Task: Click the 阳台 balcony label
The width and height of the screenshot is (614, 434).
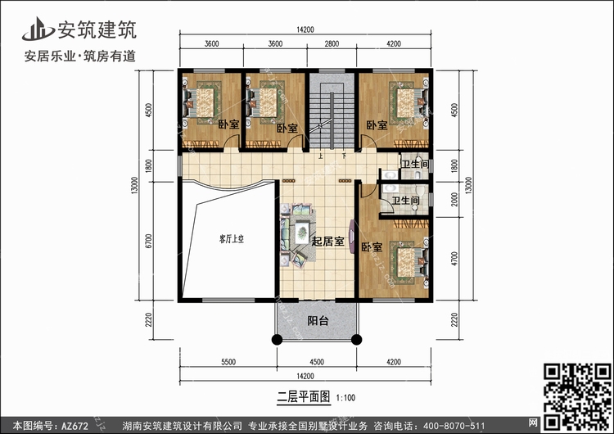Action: click(318, 321)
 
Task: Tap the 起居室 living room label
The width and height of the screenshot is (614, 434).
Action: click(327, 242)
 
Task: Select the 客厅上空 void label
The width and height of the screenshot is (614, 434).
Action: click(232, 239)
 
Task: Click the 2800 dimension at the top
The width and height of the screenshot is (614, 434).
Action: click(332, 43)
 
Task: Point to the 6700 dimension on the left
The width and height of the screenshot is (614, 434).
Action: click(148, 241)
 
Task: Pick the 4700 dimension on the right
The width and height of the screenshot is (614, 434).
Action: click(454, 259)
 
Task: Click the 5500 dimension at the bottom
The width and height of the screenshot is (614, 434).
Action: click(228, 362)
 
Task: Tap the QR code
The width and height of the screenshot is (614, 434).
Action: click(577, 396)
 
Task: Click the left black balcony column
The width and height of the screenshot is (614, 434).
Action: click(277, 340)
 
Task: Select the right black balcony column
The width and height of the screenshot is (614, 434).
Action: click(356, 340)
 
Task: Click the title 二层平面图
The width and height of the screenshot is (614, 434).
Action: click(304, 397)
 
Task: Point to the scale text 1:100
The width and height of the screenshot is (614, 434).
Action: click(345, 398)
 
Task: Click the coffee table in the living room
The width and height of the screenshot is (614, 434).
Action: click(302, 233)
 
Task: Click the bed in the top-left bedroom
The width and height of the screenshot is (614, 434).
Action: click(199, 103)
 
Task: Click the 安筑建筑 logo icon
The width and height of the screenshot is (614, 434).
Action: click(38, 29)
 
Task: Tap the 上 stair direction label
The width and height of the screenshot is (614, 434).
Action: click(320, 156)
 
